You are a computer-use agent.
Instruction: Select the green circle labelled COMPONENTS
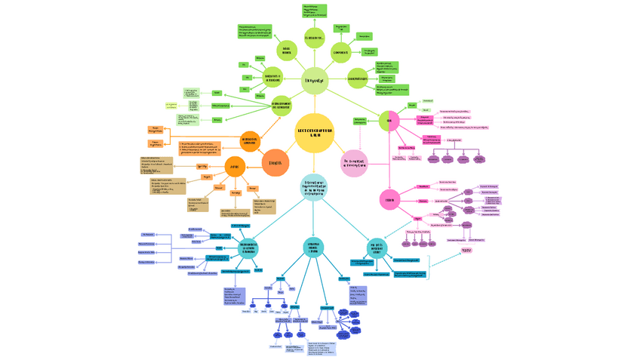(x=340, y=52)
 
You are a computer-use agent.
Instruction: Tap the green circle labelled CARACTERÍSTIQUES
(x=357, y=78)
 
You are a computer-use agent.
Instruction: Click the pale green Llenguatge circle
(x=314, y=81)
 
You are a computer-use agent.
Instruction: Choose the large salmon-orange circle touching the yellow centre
(x=275, y=162)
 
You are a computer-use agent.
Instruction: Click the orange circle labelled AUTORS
(x=235, y=168)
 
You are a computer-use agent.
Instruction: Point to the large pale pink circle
(x=354, y=163)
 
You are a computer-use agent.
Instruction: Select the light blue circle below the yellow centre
(x=314, y=186)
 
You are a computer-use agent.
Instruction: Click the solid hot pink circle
(x=389, y=199)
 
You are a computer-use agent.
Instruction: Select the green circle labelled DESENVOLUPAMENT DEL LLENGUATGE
(x=280, y=106)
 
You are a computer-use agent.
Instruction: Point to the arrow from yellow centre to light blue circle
(x=314, y=162)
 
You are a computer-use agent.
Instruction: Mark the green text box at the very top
(x=315, y=10)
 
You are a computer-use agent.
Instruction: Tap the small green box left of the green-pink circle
(x=360, y=121)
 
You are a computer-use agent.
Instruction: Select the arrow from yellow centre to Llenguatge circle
(x=314, y=103)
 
